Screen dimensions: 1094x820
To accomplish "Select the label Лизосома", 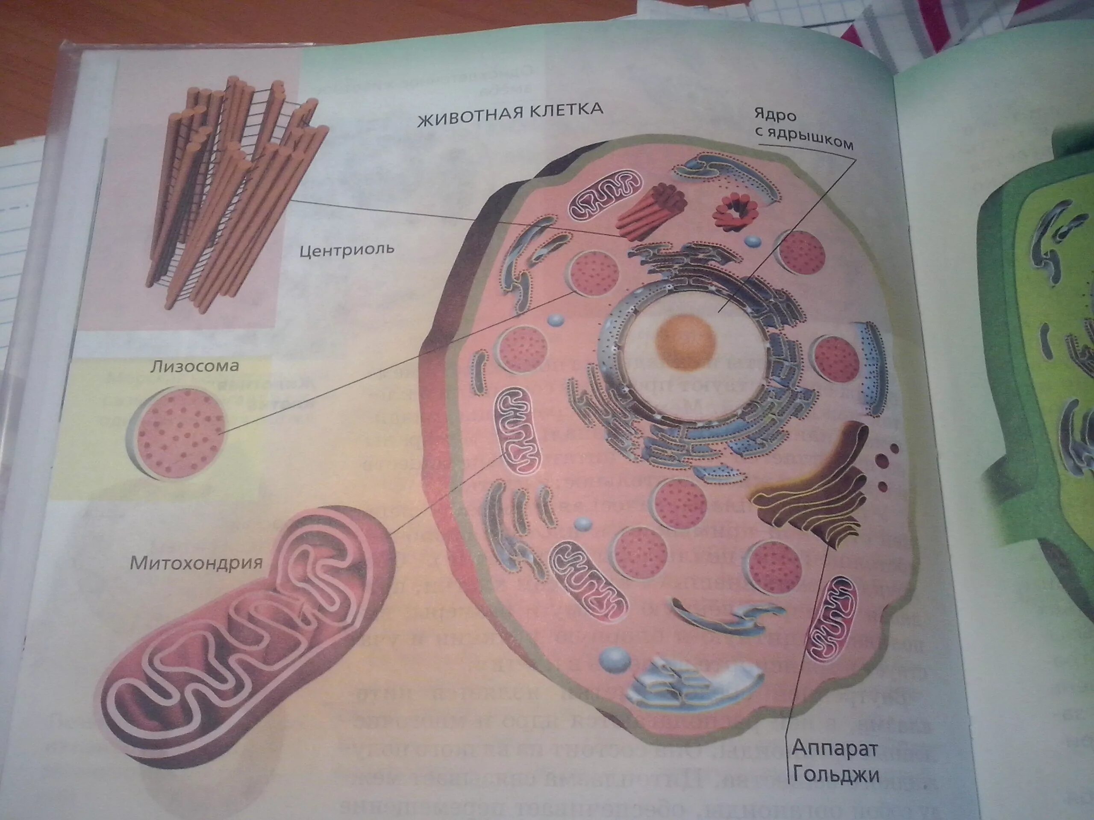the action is (x=194, y=366).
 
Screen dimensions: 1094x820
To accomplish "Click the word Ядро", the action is (x=775, y=117).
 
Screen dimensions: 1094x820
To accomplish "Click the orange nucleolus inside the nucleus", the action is (x=685, y=341).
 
